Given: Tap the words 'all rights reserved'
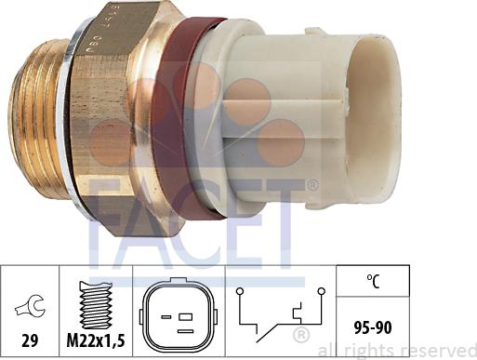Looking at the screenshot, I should [x=395, y=351].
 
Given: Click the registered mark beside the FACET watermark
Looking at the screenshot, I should [x=311, y=186].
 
